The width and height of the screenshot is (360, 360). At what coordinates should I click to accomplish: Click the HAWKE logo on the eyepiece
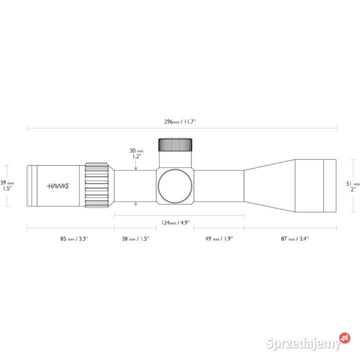[x=58, y=186]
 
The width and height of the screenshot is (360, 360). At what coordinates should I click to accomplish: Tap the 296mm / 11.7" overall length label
[x=180, y=121]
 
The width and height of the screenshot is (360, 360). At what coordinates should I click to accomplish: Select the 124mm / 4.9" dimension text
[x=175, y=222]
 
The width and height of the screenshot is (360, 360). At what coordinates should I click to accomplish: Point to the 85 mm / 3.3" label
[x=74, y=239]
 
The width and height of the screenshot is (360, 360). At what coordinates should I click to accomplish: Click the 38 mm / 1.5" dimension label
[x=135, y=239]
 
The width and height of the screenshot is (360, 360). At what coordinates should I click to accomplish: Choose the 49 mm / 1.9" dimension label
[x=219, y=239]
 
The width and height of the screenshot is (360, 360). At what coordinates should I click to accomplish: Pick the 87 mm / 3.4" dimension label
[x=295, y=239]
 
